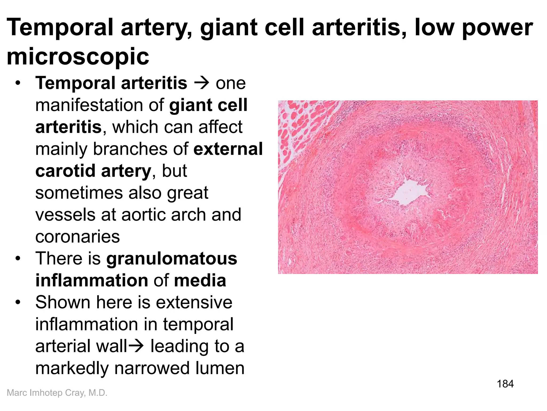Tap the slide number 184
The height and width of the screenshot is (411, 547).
[x=505, y=384]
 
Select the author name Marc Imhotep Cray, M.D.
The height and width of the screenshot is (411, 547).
[x=57, y=393]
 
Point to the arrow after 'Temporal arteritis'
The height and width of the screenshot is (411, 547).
[x=201, y=83]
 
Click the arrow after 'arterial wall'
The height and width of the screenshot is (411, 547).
[x=136, y=346]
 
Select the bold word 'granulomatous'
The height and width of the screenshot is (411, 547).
[x=171, y=258]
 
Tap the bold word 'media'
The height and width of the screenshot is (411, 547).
[x=200, y=280]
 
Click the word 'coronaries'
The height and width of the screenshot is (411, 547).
[x=77, y=237]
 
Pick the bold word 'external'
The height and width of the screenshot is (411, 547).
[x=228, y=149]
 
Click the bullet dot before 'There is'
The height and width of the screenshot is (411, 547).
[x=18, y=258]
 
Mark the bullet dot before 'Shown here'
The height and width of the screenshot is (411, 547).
[x=18, y=302]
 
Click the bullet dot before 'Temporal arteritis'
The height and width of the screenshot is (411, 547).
[x=18, y=83]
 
